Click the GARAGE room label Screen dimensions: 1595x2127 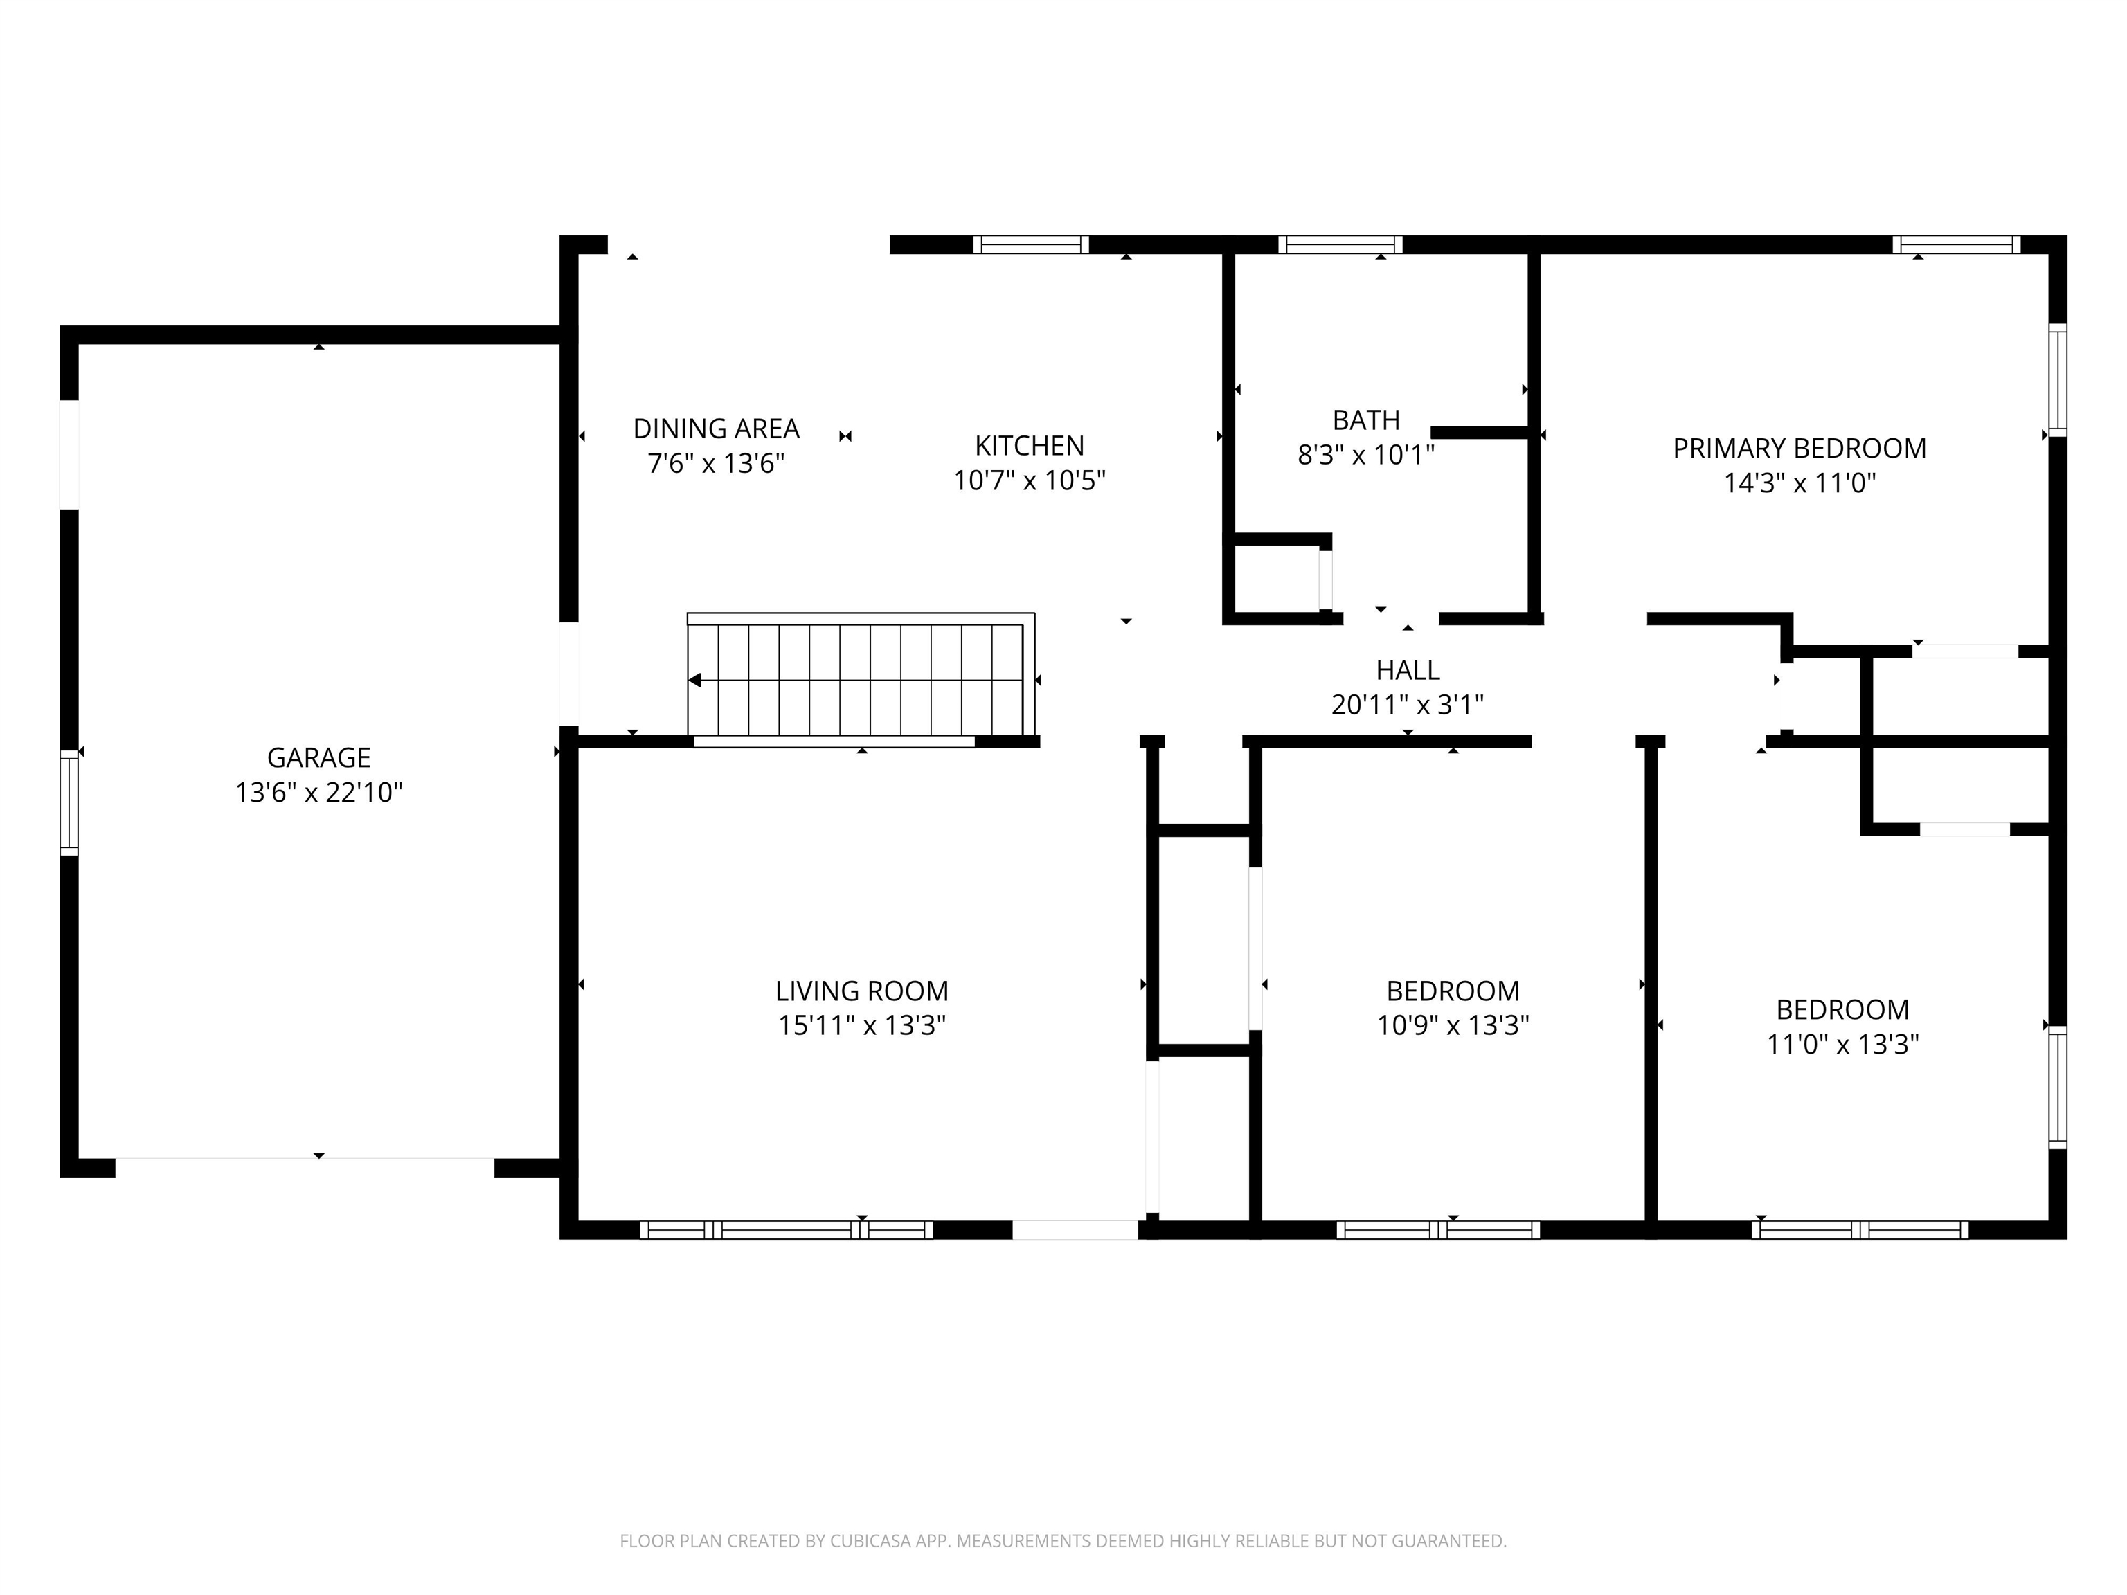pos(318,757)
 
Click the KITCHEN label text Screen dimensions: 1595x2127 pos(1029,445)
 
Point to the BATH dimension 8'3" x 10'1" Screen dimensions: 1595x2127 pos(1365,455)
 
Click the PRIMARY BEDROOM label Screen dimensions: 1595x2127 pos(1799,448)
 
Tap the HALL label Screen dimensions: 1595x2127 pos(1407,670)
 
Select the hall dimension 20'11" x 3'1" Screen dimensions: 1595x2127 pos(1407,705)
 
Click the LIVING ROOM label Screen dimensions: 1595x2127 pos(861,990)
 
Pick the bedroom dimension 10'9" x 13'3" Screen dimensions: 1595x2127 pos(1452,1026)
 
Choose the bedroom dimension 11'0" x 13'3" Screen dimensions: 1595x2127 pos(1842,1044)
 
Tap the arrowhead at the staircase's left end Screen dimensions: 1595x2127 pos(695,681)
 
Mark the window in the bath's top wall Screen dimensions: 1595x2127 pos(1340,244)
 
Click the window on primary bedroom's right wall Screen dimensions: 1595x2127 pos(2057,380)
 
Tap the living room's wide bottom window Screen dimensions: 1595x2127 pos(786,1229)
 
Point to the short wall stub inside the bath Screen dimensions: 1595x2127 pos(1479,433)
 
